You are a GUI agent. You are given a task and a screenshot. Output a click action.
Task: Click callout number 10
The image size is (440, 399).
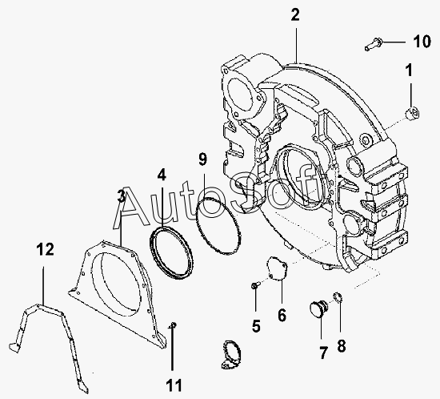point(422,42)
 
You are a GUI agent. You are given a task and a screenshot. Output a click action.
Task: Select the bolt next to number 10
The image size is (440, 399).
point(373,45)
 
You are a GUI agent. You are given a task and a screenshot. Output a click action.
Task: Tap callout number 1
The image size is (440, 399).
point(410,70)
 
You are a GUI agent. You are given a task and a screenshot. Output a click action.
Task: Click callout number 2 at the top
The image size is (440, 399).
point(295,14)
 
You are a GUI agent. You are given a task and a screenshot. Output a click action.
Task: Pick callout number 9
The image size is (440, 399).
point(202,159)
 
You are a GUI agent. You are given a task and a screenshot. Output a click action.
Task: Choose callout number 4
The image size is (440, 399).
point(162,175)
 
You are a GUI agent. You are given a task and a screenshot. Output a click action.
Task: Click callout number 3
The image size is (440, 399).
point(121,195)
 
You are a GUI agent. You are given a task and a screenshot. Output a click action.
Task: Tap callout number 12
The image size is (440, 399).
point(45,249)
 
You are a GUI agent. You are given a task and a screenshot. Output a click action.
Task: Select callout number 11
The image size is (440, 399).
point(174,385)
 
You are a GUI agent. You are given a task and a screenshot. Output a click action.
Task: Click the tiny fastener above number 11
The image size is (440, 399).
point(173,325)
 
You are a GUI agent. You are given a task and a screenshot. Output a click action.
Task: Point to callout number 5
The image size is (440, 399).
point(256,326)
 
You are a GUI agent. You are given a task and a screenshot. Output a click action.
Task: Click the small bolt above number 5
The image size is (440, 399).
point(255,286)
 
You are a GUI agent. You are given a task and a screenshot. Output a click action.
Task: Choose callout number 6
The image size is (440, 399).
point(282,315)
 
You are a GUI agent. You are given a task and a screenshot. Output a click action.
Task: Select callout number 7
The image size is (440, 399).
point(323,353)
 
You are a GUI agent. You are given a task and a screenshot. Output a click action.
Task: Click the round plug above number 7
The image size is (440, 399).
point(318,308)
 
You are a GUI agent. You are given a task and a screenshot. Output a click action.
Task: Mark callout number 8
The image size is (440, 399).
point(342,345)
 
